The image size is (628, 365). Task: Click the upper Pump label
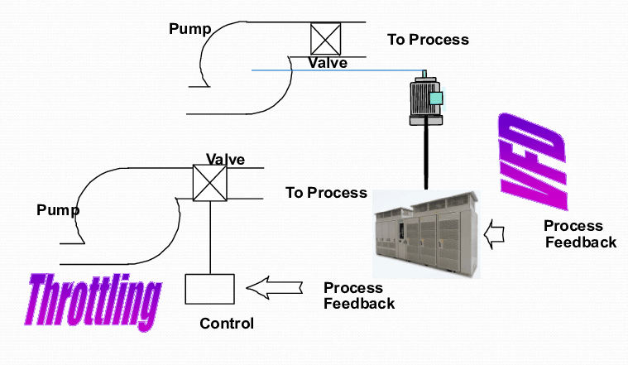[190, 30]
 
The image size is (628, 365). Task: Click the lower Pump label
[58, 210]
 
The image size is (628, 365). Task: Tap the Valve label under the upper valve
[328, 63]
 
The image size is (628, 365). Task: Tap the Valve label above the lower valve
[225, 160]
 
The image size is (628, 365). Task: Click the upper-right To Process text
[428, 40]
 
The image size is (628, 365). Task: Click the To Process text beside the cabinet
[326, 193]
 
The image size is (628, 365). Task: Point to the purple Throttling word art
[93, 301]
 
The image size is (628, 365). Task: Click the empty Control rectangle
[210, 289]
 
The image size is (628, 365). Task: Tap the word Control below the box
[227, 324]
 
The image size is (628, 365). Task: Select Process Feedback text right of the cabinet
[579, 234]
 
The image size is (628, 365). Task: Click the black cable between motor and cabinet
[425, 157]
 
